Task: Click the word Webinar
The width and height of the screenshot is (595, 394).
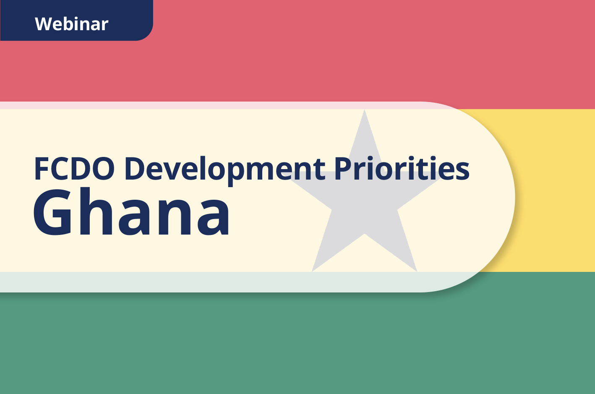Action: tap(71, 24)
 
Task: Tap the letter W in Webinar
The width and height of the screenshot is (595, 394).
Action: tap(43, 24)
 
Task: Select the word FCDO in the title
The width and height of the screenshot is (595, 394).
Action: tap(74, 169)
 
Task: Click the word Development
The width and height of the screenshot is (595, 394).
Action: tap(224, 169)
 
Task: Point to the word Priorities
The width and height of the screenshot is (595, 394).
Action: tap(402, 169)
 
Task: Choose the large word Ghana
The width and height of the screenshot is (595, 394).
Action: tap(131, 213)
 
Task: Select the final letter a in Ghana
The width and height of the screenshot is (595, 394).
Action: tap(213, 217)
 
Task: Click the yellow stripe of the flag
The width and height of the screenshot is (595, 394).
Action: tap(554, 189)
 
